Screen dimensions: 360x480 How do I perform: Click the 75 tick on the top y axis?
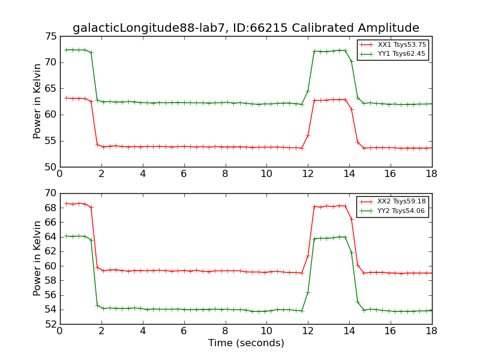coord(50,37)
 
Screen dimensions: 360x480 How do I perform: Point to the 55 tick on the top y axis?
coord(50,141)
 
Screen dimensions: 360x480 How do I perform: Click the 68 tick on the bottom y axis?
coord(50,208)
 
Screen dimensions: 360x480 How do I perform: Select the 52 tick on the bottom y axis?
coord(50,324)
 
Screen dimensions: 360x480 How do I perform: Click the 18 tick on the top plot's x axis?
coord(431,174)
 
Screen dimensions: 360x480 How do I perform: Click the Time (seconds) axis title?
coord(246,343)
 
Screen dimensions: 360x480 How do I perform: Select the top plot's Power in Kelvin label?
coord(37,101)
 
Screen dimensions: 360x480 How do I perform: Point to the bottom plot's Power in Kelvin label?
coord(37,258)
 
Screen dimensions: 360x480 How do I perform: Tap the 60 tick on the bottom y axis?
coord(50,266)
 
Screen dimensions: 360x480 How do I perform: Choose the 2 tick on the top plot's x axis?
coord(101,174)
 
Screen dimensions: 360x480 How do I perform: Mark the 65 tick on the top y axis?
coord(50,89)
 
